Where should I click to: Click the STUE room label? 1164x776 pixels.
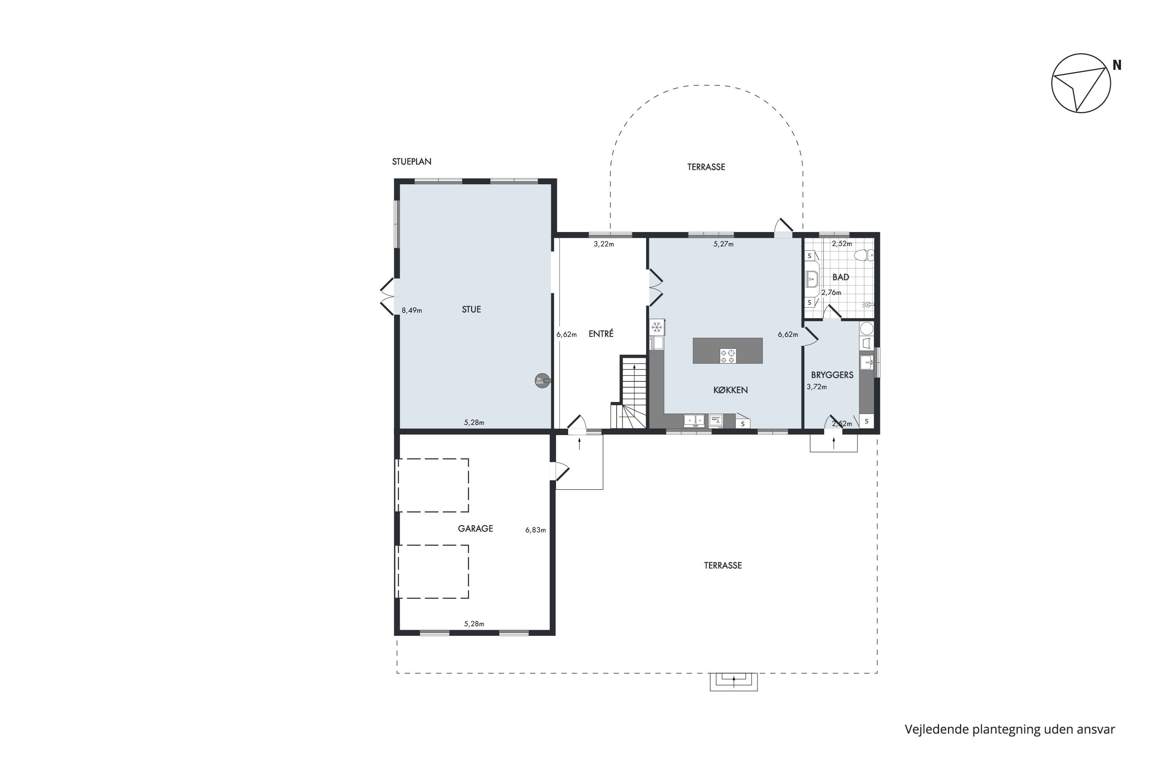(471, 309)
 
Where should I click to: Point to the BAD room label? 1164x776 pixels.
(841, 277)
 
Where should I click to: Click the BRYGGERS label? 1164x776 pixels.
(832, 375)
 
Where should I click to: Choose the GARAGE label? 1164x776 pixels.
(475, 528)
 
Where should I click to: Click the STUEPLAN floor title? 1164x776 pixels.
(412, 161)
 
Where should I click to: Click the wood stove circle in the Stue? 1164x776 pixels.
(542, 381)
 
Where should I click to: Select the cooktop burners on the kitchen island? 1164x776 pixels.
(728, 356)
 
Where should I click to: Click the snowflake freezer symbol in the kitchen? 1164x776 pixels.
(657, 327)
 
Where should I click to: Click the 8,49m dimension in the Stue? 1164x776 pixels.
(412, 311)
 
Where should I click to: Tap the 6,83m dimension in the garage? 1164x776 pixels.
(535, 530)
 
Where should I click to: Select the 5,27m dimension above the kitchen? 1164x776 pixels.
(724, 244)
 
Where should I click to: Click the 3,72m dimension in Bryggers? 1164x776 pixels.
(817, 387)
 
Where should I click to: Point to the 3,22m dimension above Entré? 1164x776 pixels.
(604, 244)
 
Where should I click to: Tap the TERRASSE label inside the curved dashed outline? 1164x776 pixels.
(706, 167)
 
